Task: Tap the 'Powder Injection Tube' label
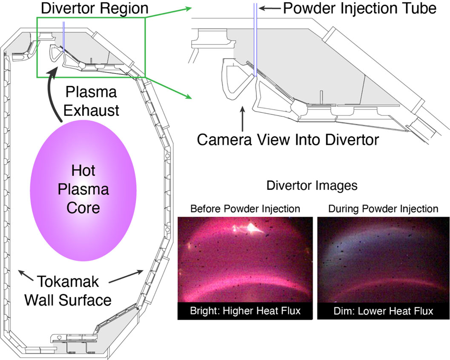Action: pos(360,8)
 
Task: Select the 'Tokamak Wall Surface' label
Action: pos(68,290)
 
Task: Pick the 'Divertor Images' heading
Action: pos(312,186)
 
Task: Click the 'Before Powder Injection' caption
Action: pos(245,209)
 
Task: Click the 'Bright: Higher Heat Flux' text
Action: pos(245,311)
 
